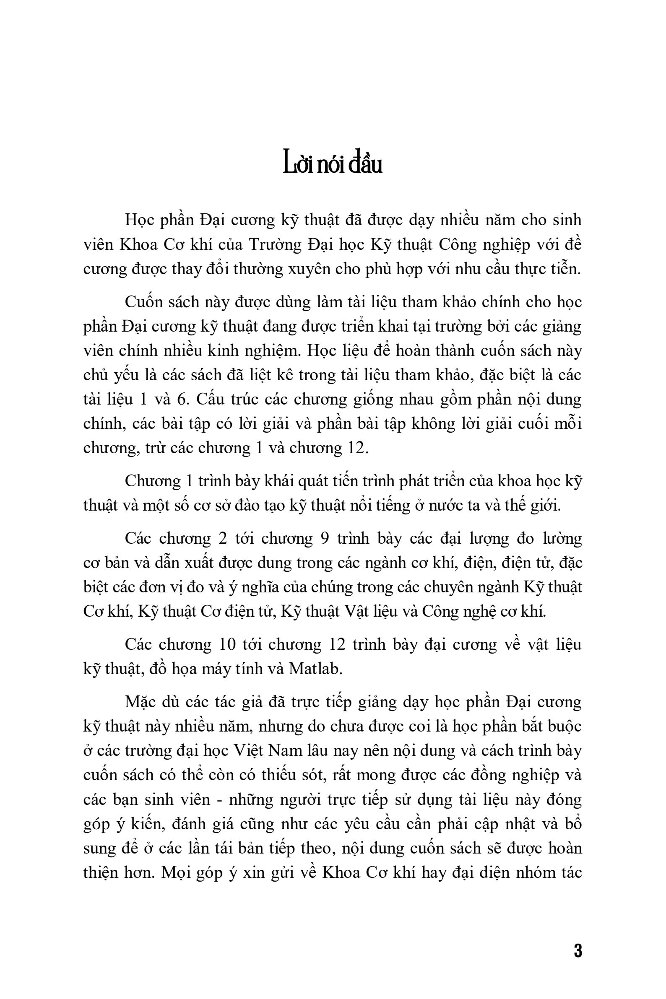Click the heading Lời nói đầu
pos(333,165)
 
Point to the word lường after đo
pos(561,539)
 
